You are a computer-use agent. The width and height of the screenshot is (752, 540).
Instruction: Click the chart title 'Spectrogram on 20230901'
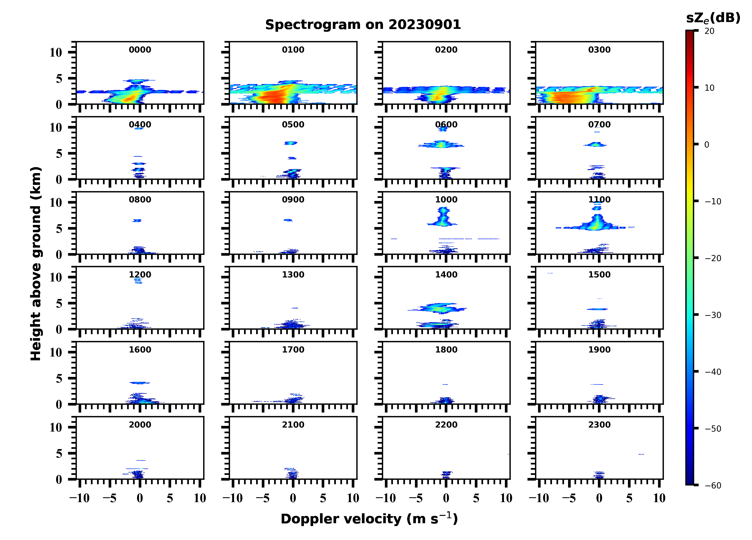363,25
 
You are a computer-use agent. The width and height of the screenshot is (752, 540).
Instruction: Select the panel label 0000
140,50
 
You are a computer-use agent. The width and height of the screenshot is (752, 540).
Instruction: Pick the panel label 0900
293,200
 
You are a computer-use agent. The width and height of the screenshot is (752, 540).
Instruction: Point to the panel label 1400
446,275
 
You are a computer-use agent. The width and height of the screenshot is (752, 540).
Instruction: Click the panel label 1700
293,350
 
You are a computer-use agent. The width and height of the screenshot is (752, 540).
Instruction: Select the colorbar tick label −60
713,486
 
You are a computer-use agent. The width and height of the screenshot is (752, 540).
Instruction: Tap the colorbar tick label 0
707,145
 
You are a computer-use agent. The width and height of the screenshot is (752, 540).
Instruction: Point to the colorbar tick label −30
713,315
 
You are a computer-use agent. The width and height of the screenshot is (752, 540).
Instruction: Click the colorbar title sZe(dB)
713,18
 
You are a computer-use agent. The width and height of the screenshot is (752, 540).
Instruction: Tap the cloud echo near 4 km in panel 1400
438,309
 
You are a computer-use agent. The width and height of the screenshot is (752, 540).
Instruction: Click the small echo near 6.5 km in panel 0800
137,220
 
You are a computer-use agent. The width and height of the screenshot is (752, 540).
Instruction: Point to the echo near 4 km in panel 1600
140,383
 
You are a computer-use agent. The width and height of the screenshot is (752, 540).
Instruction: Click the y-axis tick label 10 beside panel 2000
56,428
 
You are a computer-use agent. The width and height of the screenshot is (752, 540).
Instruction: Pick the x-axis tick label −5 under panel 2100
263,498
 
